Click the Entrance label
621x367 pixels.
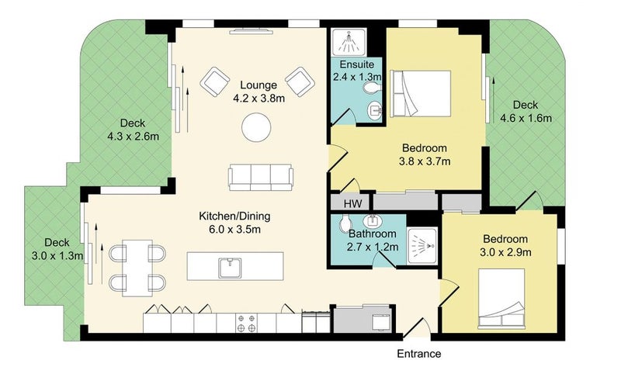point(419,354)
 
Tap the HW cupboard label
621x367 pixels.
point(352,204)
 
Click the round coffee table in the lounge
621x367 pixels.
point(256,127)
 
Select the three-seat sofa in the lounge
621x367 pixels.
point(261,178)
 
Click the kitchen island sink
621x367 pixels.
point(230,268)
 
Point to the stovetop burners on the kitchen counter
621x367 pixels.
point(246,323)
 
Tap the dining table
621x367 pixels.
point(137,268)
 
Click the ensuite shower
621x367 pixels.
point(349,43)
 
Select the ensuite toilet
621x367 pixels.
point(372,88)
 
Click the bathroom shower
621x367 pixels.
point(422,246)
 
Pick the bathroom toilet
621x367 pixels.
point(345,224)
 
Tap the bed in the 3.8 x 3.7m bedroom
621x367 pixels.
point(420,94)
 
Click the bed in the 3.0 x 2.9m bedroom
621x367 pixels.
point(501,299)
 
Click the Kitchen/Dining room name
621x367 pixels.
point(234,216)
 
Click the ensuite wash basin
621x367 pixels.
point(375,110)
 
